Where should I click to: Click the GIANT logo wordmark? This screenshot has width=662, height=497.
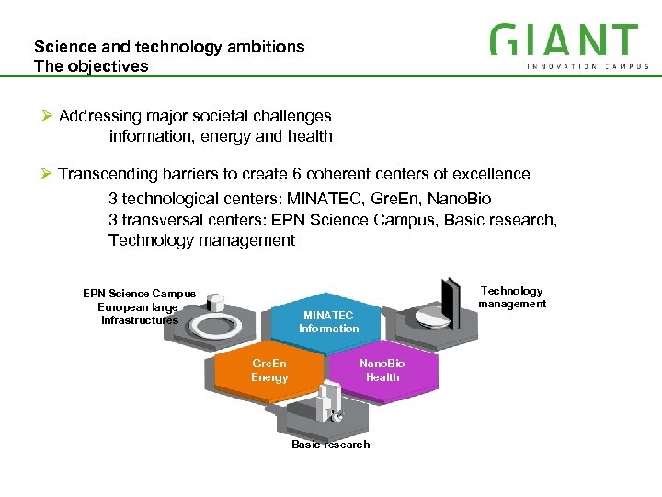pyautogui.click(x=564, y=40)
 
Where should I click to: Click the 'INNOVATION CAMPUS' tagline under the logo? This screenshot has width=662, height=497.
pyautogui.click(x=588, y=66)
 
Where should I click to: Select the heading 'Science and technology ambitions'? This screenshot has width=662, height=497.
pyautogui.click(x=169, y=46)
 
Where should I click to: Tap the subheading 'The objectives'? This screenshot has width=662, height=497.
pyautogui.click(x=90, y=66)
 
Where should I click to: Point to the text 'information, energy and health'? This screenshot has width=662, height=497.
pyautogui.click(x=221, y=136)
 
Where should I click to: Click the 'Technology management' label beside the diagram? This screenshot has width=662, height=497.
pyautogui.click(x=512, y=297)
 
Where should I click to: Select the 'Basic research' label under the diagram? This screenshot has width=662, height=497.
pyautogui.click(x=330, y=445)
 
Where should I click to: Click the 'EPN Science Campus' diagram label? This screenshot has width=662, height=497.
pyautogui.click(x=139, y=294)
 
